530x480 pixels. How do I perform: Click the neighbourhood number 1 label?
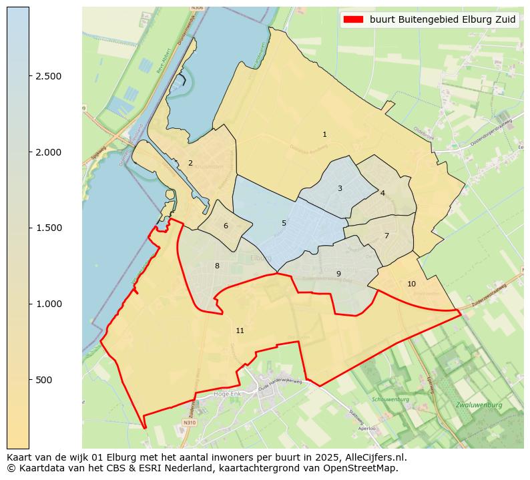coord(324,135)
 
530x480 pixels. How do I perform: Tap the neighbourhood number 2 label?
coord(190,164)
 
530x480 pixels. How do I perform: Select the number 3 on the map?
coord(340,189)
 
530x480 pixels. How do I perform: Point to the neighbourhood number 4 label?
coord(382,193)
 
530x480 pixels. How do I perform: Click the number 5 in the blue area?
coord(284,224)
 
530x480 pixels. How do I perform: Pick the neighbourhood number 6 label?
coord(226,226)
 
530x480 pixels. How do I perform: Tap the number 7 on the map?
coord(386,236)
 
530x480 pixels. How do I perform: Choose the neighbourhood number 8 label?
coord(217,266)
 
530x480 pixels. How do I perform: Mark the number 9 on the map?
coord(338,274)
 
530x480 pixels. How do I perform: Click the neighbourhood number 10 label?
coord(411,284)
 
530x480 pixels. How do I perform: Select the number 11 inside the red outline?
coord(240,331)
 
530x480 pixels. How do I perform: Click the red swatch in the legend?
coord(353,20)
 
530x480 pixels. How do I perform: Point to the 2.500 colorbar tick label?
coord(48,77)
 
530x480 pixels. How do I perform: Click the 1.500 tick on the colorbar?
coord(48,228)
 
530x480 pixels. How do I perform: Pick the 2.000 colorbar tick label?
coord(48,152)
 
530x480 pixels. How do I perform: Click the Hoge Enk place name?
coord(226,394)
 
